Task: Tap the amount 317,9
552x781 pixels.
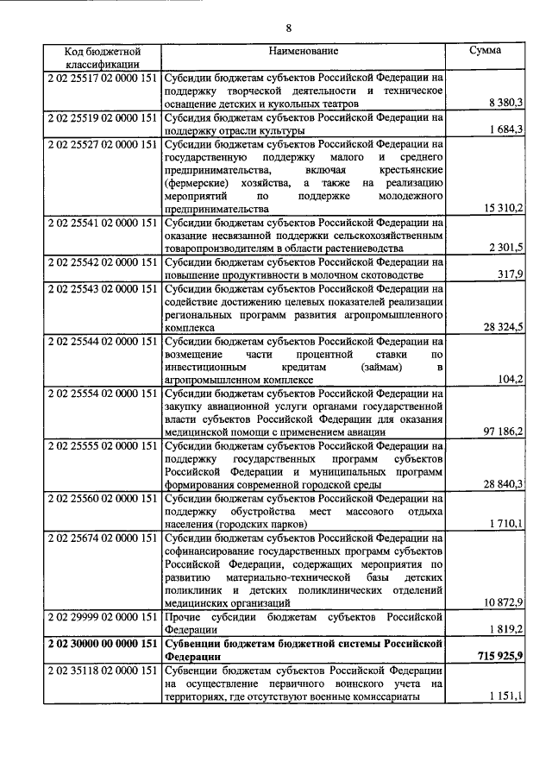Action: [x=510, y=274]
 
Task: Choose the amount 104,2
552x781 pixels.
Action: [x=510, y=379]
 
